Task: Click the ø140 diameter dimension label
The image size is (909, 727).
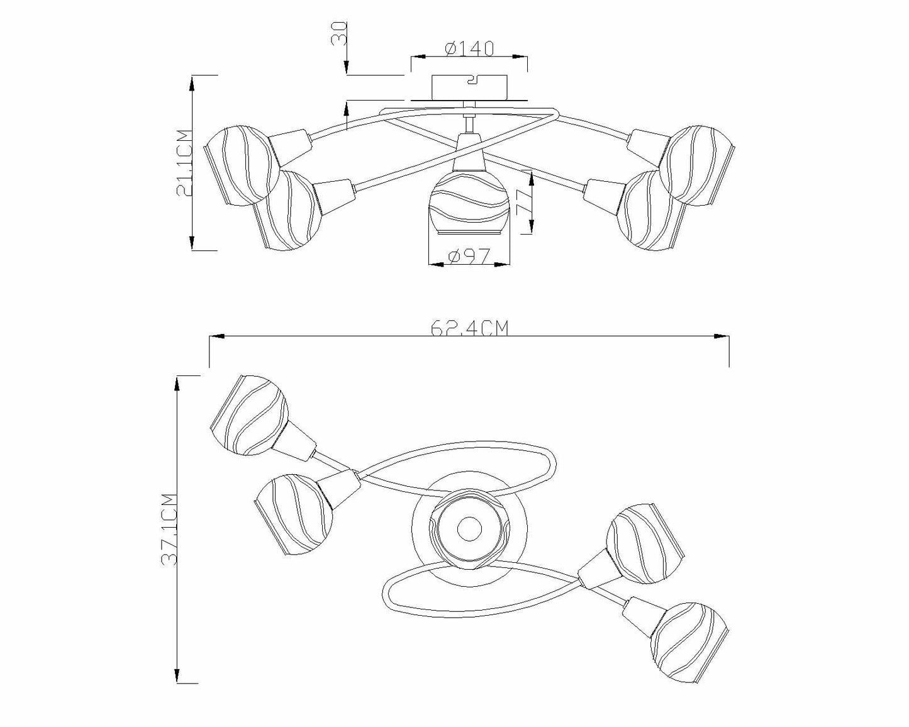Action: pyautogui.click(x=469, y=48)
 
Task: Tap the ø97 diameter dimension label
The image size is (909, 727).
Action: pyautogui.click(x=469, y=256)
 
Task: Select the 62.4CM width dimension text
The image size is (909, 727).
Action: pyautogui.click(x=469, y=328)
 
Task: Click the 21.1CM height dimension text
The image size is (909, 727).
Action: pyautogui.click(x=183, y=163)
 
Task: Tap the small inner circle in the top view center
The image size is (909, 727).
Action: pyautogui.click(x=468, y=529)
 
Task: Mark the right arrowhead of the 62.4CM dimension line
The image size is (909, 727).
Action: pyautogui.click(x=723, y=337)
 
